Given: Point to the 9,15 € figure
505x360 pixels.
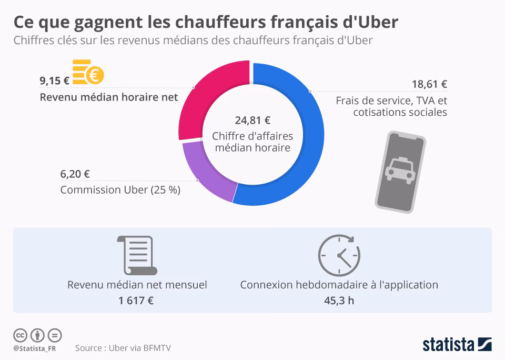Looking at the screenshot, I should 55,81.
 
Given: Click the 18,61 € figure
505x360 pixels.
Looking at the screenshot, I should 429,84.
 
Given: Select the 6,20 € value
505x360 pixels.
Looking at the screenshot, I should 75,174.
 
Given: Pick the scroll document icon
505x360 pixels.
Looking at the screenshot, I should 137,256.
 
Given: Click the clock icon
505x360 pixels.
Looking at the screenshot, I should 339,255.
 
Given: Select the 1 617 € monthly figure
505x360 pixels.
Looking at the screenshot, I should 137,301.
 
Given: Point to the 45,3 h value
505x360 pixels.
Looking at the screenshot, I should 339,301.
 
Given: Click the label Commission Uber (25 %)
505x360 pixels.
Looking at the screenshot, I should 120,190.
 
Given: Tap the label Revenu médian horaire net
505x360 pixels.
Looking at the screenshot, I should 109,97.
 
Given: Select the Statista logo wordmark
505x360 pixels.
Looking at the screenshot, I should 448,345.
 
